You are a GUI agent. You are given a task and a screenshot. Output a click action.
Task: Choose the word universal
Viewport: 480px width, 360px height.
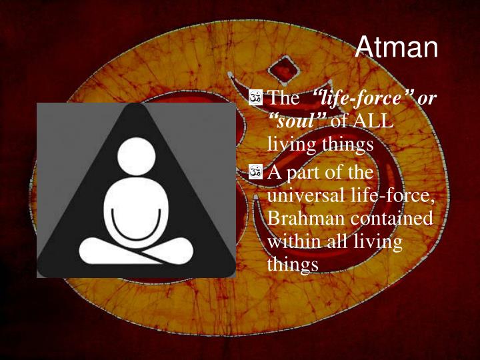(305, 195)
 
